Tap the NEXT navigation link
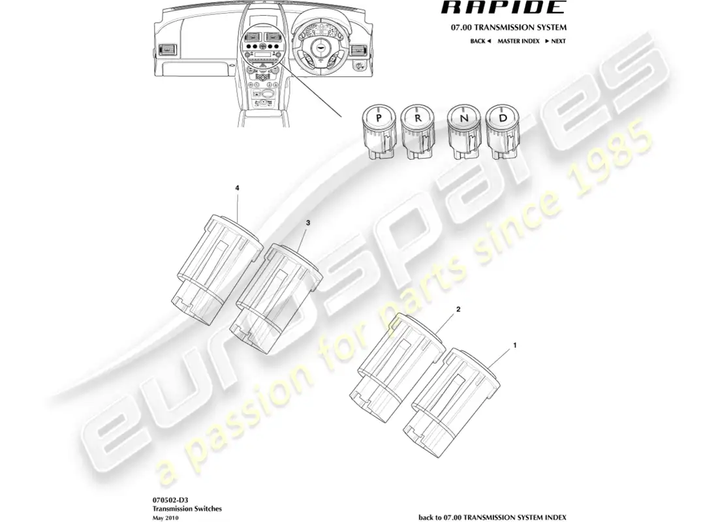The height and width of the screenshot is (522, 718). click(x=555, y=41)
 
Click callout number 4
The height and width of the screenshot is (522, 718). click(x=238, y=188)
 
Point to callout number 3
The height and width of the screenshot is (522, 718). click(x=308, y=223)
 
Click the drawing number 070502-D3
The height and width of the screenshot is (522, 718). click(x=165, y=499)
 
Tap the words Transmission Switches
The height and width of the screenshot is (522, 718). click(x=178, y=507)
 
